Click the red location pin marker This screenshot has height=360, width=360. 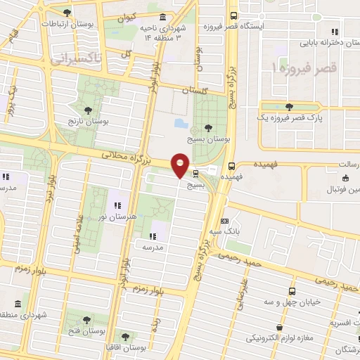(180, 165)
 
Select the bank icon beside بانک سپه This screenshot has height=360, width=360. (225, 221)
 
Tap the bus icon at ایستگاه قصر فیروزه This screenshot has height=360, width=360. (234, 15)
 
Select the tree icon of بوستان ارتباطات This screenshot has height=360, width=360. (67, 12)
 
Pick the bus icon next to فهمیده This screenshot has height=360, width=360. (231, 166)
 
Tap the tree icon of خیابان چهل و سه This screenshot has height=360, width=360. (292, 290)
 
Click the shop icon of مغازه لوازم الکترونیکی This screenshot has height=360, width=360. (281, 327)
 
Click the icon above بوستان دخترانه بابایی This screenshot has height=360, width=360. (335, 30)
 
